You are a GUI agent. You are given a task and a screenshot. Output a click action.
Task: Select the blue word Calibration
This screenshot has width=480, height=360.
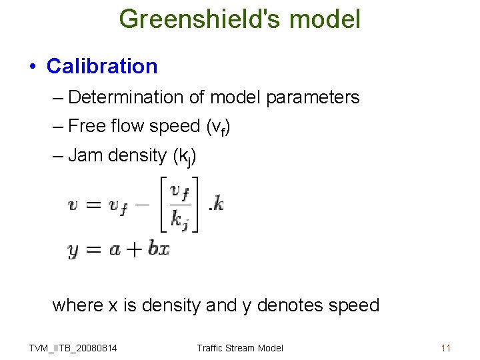tap(102, 67)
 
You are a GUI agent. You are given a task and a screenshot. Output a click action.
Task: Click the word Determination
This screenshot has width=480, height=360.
tap(126, 97)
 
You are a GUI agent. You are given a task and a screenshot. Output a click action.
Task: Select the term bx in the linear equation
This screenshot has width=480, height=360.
tap(159, 249)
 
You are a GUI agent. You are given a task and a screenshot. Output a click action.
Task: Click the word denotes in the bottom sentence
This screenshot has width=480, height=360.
tap(287, 305)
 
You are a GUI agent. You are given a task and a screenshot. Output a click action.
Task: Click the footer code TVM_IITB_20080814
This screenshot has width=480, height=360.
tap(73, 348)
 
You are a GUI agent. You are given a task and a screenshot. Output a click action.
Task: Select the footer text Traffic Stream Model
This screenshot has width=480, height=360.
tap(240, 348)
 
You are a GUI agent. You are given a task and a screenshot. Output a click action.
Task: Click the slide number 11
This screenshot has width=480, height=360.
tap(446, 348)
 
